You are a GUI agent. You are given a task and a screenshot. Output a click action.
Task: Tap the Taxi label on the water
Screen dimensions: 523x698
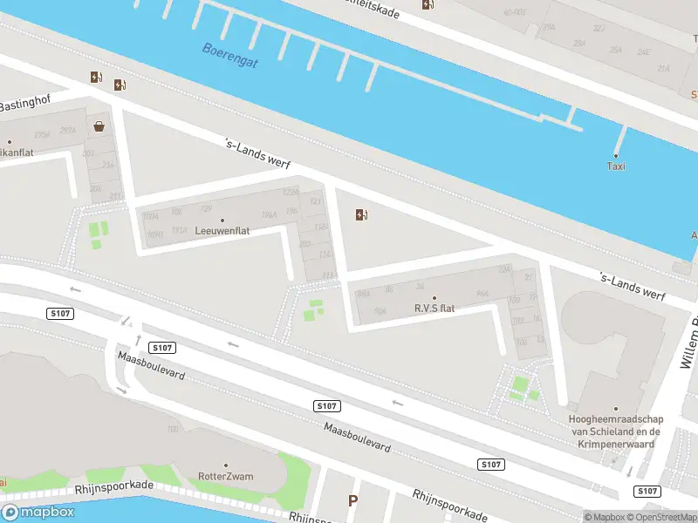tap(616, 166)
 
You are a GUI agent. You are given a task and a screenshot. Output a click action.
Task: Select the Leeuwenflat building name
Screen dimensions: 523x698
tap(222, 232)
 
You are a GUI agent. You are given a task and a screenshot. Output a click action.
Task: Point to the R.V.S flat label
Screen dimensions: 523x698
tap(435, 309)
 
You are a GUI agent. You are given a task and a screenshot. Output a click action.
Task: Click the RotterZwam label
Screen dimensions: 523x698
tap(226, 477)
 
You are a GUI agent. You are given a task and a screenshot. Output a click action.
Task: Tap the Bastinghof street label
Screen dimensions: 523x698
tap(25, 105)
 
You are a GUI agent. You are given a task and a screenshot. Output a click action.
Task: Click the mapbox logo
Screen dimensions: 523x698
tap(38, 512)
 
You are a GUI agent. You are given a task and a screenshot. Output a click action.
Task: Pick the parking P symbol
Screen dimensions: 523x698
tap(352, 501)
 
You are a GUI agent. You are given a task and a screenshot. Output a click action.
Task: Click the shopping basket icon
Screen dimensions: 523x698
tap(99, 126)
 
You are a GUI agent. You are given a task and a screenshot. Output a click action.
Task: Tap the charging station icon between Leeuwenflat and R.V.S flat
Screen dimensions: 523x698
tap(362, 215)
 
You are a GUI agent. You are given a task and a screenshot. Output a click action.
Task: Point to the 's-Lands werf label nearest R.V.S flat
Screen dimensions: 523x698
tap(633, 286)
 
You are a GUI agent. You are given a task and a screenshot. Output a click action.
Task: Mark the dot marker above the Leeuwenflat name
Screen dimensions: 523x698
tap(222, 220)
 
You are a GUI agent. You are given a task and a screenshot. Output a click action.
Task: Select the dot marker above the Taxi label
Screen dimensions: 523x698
tap(616, 153)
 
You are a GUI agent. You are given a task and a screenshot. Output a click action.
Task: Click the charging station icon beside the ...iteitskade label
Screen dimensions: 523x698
tap(428, 4)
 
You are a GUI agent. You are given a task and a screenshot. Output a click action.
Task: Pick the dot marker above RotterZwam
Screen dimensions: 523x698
tap(226, 465)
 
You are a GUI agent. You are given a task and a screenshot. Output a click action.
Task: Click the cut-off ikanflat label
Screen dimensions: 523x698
tap(16, 152)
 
